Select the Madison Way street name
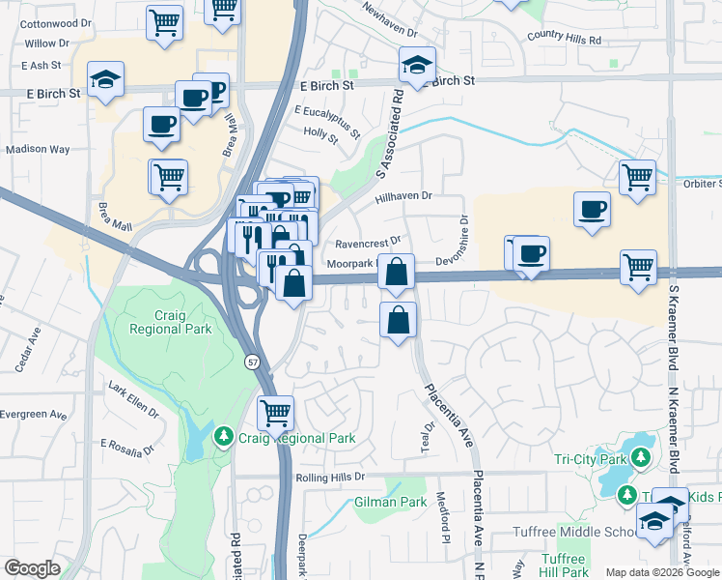tap(38, 149)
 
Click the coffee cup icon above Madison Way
tap(161, 124)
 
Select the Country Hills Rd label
tap(564, 40)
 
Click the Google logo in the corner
tap(33, 568)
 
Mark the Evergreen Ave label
tap(33, 415)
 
